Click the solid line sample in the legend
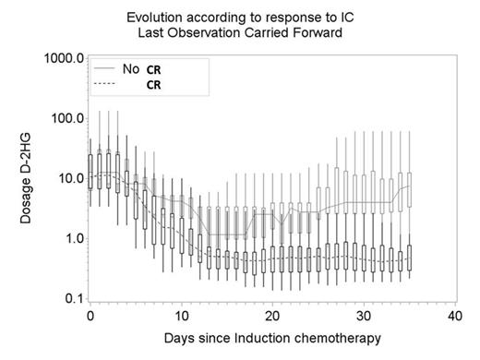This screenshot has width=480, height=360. click(x=104, y=68)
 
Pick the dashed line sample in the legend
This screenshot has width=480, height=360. click(x=104, y=84)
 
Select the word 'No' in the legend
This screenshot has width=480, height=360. click(x=131, y=68)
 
